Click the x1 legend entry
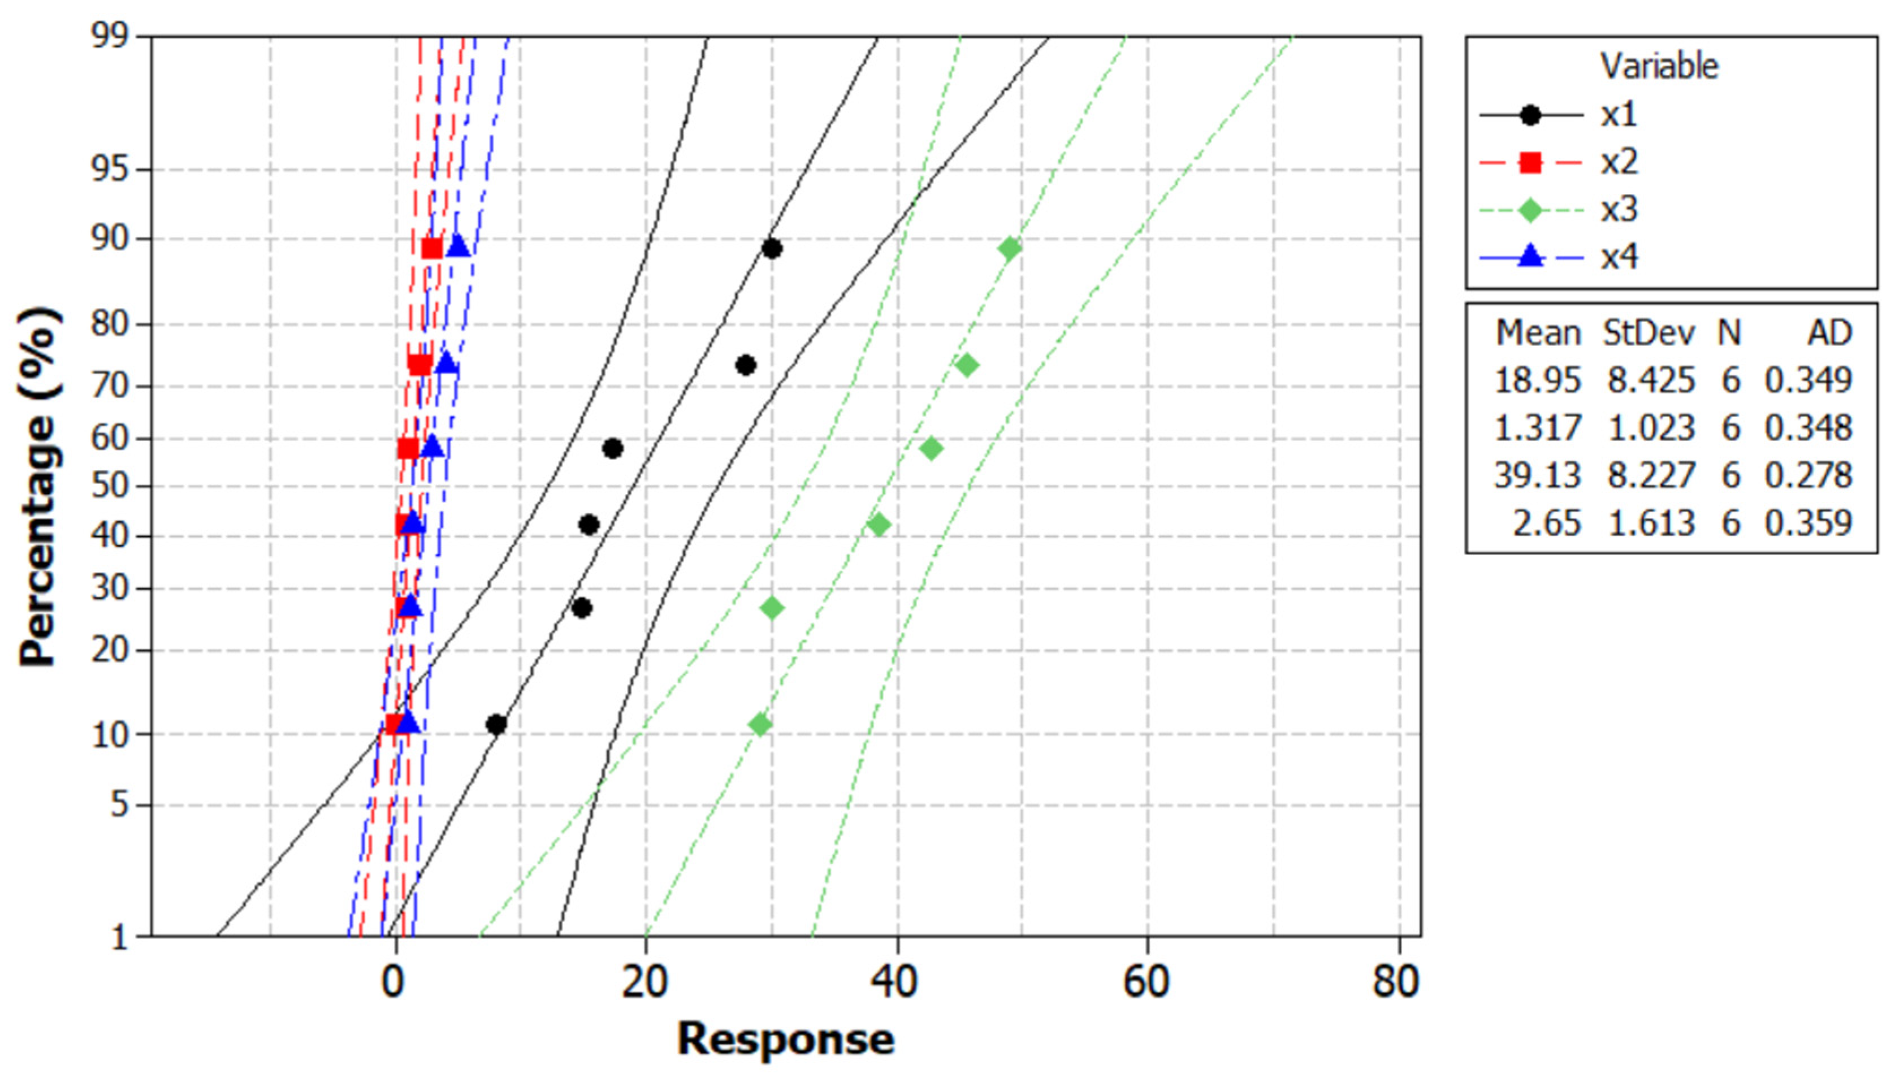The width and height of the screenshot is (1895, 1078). tap(1618, 115)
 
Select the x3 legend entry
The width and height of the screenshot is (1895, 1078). tap(1618, 210)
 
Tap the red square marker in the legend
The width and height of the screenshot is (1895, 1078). tap(1530, 163)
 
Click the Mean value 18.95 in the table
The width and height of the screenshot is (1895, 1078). tap(1538, 380)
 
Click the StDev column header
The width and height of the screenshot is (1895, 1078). tap(1649, 333)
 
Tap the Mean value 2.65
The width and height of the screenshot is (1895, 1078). tap(1546, 523)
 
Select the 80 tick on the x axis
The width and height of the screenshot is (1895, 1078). tap(1396, 982)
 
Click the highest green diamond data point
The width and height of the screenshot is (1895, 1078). tap(1010, 249)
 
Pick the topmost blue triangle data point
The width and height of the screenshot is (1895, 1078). tap(458, 246)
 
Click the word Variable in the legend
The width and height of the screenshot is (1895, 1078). tap(1659, 67)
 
